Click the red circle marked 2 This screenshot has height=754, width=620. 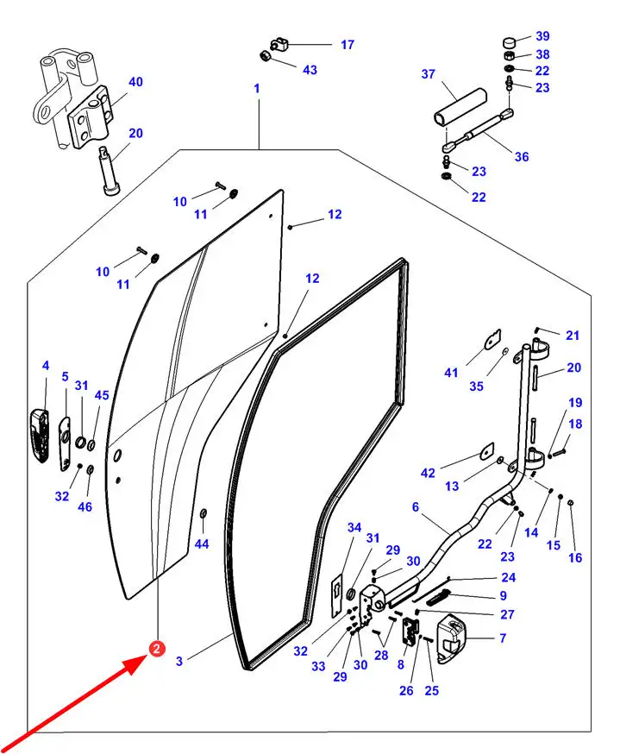pos(157,649)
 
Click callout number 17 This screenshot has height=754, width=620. pos(348,45)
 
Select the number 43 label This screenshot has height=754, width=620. pos(310,70)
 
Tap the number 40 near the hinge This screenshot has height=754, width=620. pos(135,82)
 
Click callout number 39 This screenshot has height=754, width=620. pos(542,36)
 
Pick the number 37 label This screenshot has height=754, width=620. pos(429,74)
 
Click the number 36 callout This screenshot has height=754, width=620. pos(522,157)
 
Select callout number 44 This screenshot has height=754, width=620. pos(202,544)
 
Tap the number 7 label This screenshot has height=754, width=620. pos(503,638)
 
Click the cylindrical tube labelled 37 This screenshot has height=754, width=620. pos(460,108)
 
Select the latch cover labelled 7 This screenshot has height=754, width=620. pos(452,638)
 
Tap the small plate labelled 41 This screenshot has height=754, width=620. pos(492,339)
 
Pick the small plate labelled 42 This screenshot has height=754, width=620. pos(486,451)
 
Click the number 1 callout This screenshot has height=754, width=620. pos(257,89)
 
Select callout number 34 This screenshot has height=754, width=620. pos(354,527)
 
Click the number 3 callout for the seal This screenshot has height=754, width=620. pos(179,661)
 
